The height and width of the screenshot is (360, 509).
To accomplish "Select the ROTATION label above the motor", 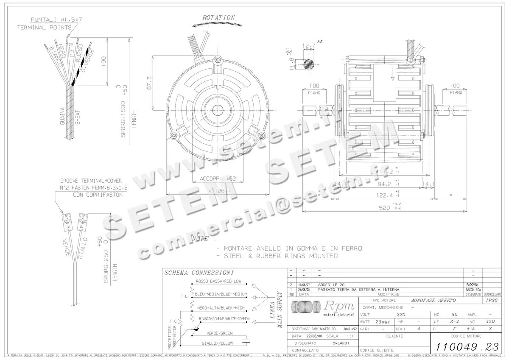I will click(218, 18).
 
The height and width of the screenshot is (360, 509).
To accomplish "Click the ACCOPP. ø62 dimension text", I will click(218, 179).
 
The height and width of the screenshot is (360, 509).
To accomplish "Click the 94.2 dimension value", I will click(385, 184).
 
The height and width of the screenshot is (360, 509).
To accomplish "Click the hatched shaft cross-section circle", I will click(309, 64).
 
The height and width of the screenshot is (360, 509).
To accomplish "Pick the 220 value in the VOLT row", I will click(400, 315).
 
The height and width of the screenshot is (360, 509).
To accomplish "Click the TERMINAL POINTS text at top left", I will click(44, 27).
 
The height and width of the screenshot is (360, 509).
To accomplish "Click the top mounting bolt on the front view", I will click(218, 59).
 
